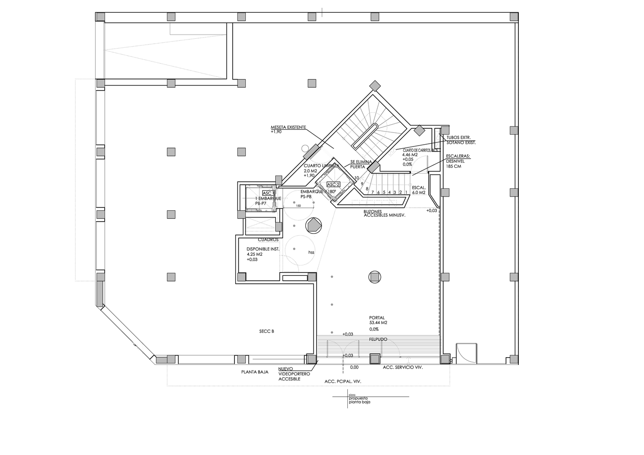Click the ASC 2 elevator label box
pyautogui.click(x=333, y=184)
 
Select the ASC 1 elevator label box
pyautogui.click(x=267, y=193)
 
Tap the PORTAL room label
pyautogui.click(x=377, y=318)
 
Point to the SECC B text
pyautogui.click(x=266, y=331)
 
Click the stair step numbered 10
pyautogui.click(x=357, y=177)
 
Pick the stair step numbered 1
pyautogui.click(x=406, y=192)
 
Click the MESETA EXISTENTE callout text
pyautogui.click(x=289, y=127)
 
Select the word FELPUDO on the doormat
pyautogui.click(x=379, y=339)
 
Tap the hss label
pyautogui.click(x=311, y=252)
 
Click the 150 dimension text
pyautogui.click(x=299, y=206)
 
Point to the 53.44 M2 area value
pyautogui.click(x=379, y=323)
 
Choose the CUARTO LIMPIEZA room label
pyautogui.click(x=321, y=166)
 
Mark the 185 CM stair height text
pyautogui.click(x=454, y=167)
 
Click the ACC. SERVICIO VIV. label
pyautogui.click(x=403, y=367)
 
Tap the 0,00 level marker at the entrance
pyautogui.click(x=354, y=367)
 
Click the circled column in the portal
pyautogui.click(x=374, y=277)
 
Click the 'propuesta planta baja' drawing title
pyautogui.click(x=360, y=400)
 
